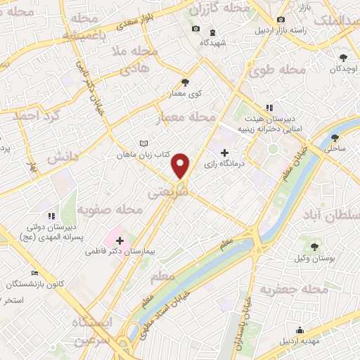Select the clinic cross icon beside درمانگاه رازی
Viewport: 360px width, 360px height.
(224, 153)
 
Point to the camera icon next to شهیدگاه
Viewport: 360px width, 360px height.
(195, 30)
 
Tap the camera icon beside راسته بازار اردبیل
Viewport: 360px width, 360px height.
(281, 20)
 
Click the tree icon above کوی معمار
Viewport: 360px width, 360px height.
(186, 82)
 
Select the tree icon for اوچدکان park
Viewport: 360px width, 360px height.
(343, 58)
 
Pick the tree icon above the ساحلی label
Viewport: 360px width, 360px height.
(335, 137)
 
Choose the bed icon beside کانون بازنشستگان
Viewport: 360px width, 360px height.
(35, 273)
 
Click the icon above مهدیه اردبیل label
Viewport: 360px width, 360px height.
(300, 330)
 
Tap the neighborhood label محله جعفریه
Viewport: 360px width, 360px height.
(295, 289)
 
